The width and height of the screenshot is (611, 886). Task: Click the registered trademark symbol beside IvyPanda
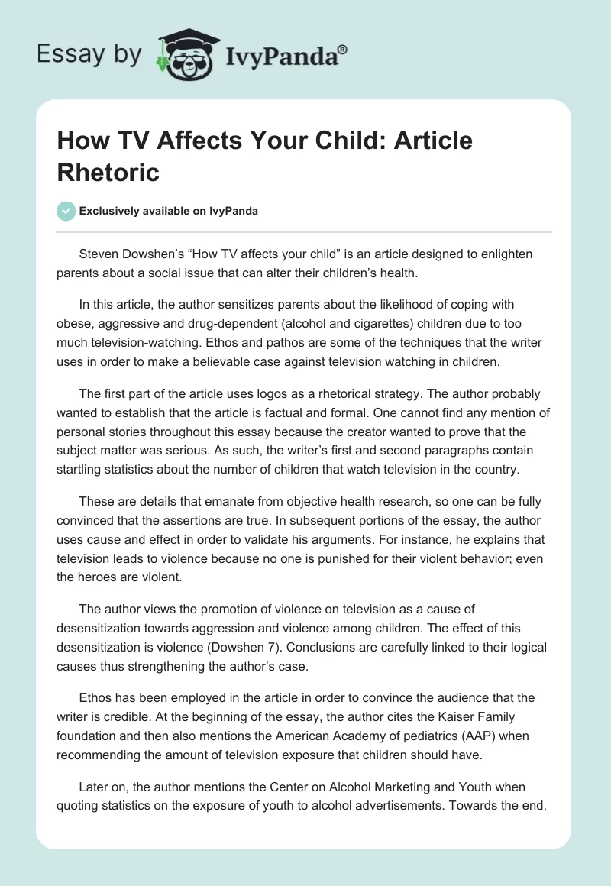tap(343, 50)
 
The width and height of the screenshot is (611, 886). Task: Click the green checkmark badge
tap(66, 211)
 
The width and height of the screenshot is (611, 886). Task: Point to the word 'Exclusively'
tap(110, 212)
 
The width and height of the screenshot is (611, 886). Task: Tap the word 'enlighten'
tap(506, 254)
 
